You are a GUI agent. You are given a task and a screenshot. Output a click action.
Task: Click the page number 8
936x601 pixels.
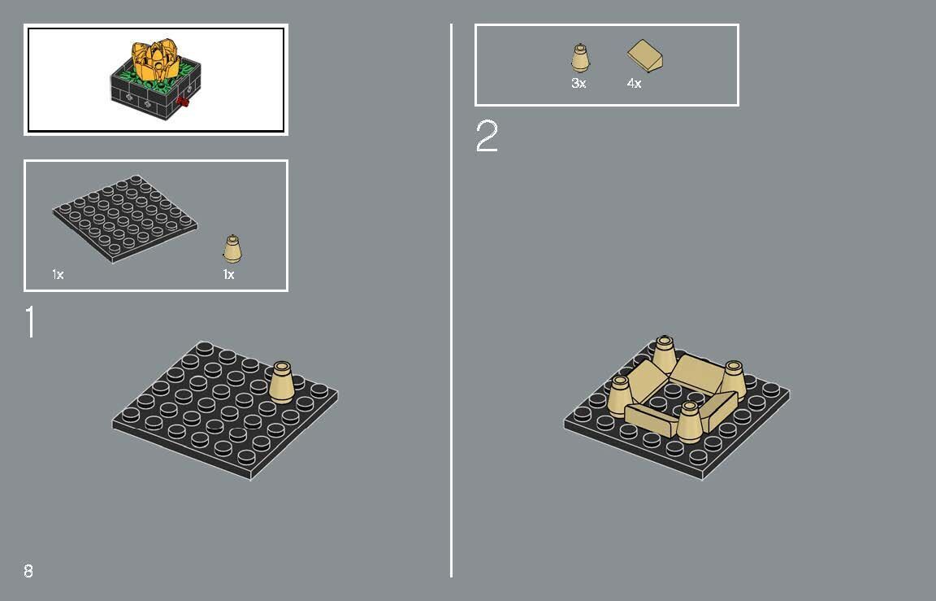[x=28, y=571]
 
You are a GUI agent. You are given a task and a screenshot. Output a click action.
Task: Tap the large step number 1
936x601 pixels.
[x=31, y=322]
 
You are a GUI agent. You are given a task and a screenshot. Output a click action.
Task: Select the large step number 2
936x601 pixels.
[x=487, y=137]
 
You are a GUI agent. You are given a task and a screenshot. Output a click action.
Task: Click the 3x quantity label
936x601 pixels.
[x=578, y=84]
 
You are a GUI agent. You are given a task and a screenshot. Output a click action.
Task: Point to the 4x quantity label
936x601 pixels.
[x=634, y=84]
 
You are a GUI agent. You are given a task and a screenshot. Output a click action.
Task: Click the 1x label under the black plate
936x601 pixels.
[x=58, y=275]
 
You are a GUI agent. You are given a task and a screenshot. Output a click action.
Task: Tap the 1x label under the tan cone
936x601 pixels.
[x=228, y=275]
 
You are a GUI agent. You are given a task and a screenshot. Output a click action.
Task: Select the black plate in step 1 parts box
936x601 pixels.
[x=125, y=218]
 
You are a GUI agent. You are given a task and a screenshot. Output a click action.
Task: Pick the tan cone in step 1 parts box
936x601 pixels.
[x=233, y=248]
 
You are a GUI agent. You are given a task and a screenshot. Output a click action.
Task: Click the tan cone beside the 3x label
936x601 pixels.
[x=579, y=59]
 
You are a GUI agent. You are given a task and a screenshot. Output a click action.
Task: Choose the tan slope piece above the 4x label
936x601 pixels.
[x=648, y=56]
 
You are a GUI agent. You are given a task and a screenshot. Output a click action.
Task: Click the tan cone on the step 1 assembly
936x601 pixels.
[x=282, y=381]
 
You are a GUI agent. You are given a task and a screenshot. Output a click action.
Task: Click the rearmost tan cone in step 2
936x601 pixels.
[x=665, y=352]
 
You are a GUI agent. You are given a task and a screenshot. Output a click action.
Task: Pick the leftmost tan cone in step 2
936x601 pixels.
[x=620, y=396]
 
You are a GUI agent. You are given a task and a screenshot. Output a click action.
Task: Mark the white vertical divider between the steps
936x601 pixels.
[x=451, y=300]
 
